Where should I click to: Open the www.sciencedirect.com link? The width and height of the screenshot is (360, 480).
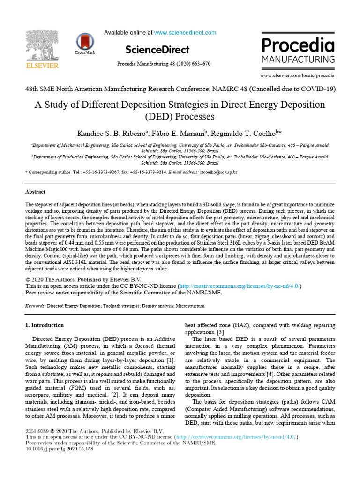tap(185, 33)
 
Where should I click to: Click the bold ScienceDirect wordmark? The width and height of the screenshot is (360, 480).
tap(157, 50)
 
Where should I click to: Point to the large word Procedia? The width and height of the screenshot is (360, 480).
tap(298, 45)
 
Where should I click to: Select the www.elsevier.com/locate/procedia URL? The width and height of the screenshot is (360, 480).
tap(297, 75)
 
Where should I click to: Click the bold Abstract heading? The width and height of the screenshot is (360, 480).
tap(35, 192)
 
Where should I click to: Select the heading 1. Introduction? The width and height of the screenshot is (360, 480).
tap(45, 325)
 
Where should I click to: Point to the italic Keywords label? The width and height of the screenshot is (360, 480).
tap(35, 305)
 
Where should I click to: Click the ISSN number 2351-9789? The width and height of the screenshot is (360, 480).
tap(37, 431)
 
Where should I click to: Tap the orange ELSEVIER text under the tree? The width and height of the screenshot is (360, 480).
tap(42, 66)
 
